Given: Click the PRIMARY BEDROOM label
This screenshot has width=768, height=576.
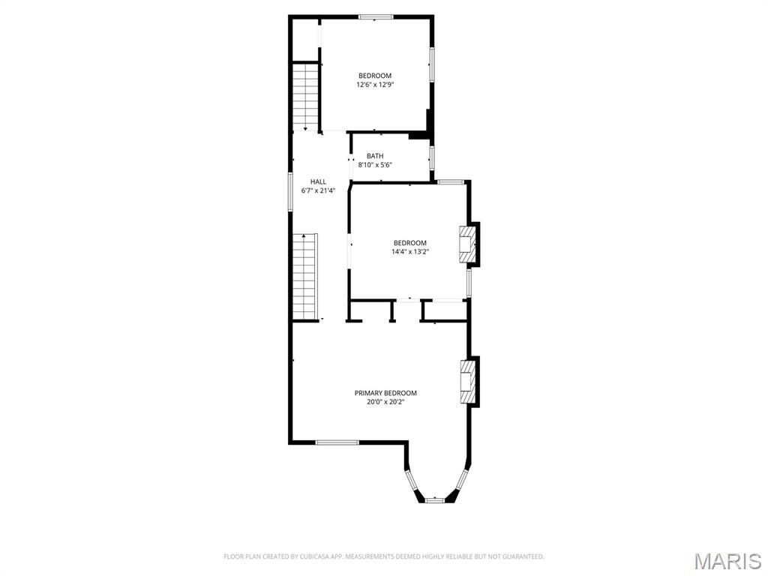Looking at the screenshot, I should (385, 393).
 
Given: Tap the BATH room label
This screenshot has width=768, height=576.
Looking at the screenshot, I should (375, 156).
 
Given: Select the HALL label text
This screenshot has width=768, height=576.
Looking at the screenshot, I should (319, 181).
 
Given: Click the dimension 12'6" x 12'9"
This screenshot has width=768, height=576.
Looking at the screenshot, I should (375, 85).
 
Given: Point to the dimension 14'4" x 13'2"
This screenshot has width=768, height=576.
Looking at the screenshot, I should (410, 252).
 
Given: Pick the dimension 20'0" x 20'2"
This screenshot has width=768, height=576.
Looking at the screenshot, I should (385, 402).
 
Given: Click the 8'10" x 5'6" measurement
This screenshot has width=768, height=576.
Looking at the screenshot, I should (375, 165).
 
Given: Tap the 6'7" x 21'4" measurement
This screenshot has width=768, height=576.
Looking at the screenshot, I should (319, 190).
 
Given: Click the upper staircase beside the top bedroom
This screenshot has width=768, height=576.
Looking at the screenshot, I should (306, 96).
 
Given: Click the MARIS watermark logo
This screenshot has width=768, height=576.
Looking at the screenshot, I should (727, 561).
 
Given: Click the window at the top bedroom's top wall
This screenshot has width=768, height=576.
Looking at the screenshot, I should (376, 16).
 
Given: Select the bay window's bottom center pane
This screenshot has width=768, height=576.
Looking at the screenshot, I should (435, 499).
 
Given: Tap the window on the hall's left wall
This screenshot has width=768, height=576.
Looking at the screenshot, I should (291, 191).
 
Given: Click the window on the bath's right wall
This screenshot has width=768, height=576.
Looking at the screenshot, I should (431, 157).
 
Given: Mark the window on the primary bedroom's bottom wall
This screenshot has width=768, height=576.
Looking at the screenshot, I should (337, 442).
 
